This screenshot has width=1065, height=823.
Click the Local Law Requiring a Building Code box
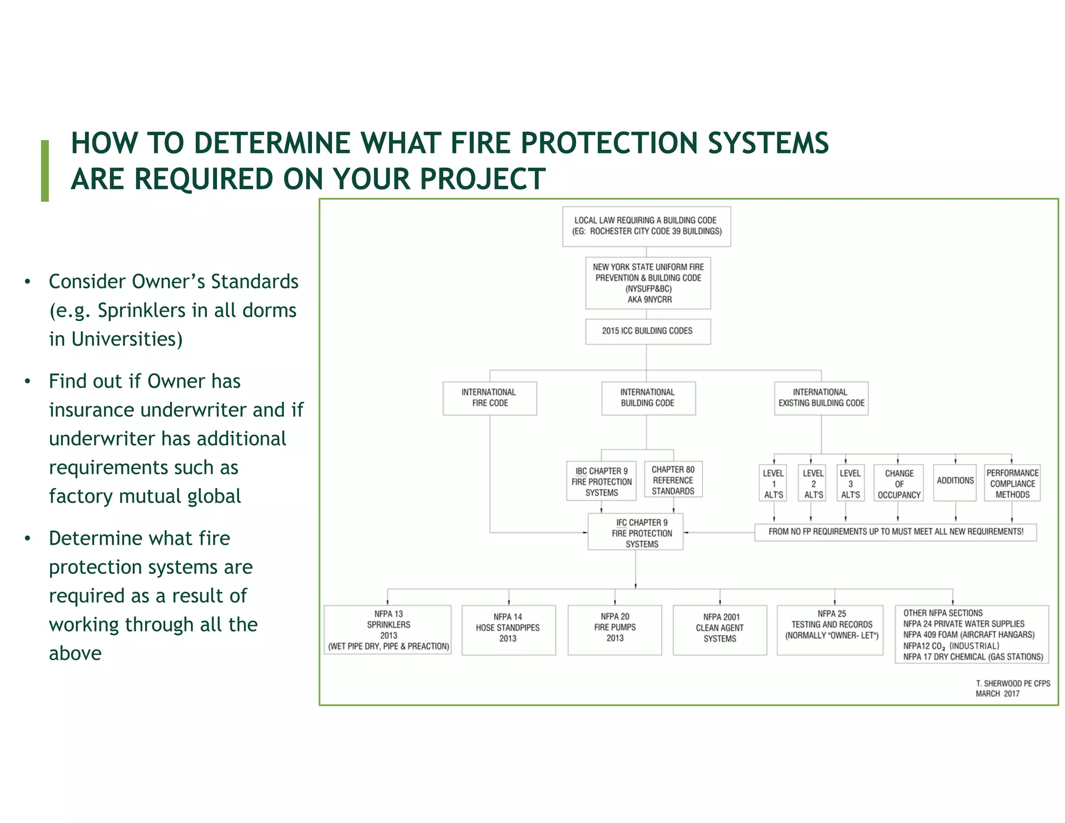pos(646,226)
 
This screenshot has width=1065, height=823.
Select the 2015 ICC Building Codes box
pos(647,331)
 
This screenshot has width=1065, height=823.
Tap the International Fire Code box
pos(489,398)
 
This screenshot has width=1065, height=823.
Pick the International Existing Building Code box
pos(821,398)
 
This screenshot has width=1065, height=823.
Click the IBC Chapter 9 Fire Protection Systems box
pos(602,482)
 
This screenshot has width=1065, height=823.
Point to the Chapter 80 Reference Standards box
pos(673,480)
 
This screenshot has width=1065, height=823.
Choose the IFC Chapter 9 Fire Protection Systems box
pos(635,532)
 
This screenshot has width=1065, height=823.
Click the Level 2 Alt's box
pos(813,483)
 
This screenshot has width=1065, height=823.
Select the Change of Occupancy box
pos(899,483)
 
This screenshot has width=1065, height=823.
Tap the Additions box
pos(955,482)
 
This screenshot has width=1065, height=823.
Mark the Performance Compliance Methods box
pos(1012,483)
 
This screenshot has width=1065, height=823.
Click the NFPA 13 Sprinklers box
pos(388,630)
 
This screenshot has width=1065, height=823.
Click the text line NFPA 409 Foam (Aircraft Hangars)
pos(968,635)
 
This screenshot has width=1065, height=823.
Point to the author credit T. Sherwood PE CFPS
pos(1012,684)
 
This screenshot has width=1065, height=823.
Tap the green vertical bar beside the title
pos(45,171)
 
